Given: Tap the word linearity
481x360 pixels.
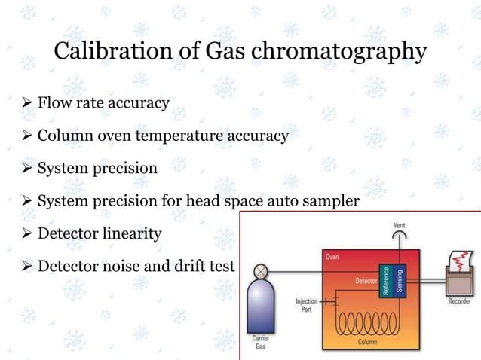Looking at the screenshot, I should coord(133,233).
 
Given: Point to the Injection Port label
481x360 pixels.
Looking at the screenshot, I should coord(305,304).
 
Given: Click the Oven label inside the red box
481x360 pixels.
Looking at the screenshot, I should coord(332,258).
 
